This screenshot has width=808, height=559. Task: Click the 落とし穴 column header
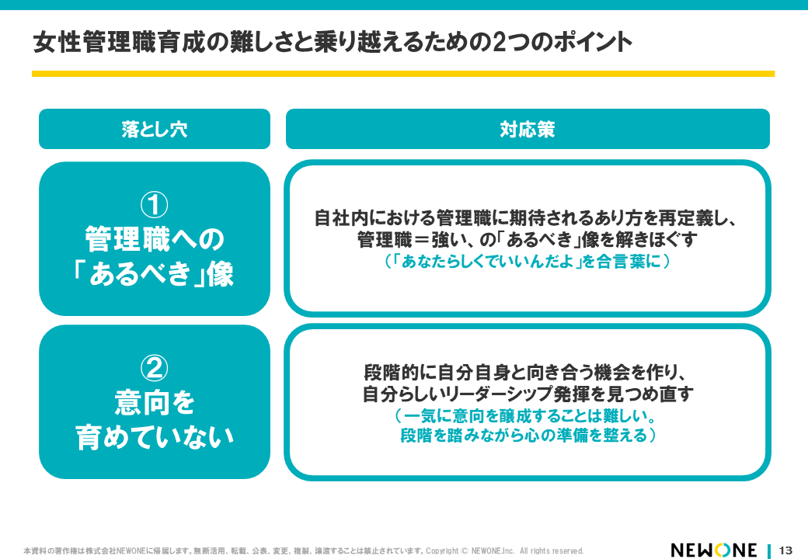point(155,129)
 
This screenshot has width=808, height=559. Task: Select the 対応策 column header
point(528,129)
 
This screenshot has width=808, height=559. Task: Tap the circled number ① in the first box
point(154,204)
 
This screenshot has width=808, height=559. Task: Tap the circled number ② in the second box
point(154,367)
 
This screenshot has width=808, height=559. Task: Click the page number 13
point(785,550)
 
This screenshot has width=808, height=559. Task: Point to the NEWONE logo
point(714,550)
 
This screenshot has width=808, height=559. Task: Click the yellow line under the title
point(403,74)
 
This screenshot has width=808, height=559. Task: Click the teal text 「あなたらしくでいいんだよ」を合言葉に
point(528,262)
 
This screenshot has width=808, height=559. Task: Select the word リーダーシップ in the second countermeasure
point(492,394)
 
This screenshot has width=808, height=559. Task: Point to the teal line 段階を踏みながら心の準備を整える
point(528,436)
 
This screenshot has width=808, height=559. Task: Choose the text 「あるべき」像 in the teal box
point(154,273)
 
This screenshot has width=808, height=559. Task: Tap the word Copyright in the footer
point(441,550)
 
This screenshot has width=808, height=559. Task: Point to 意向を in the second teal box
point(155,402)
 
